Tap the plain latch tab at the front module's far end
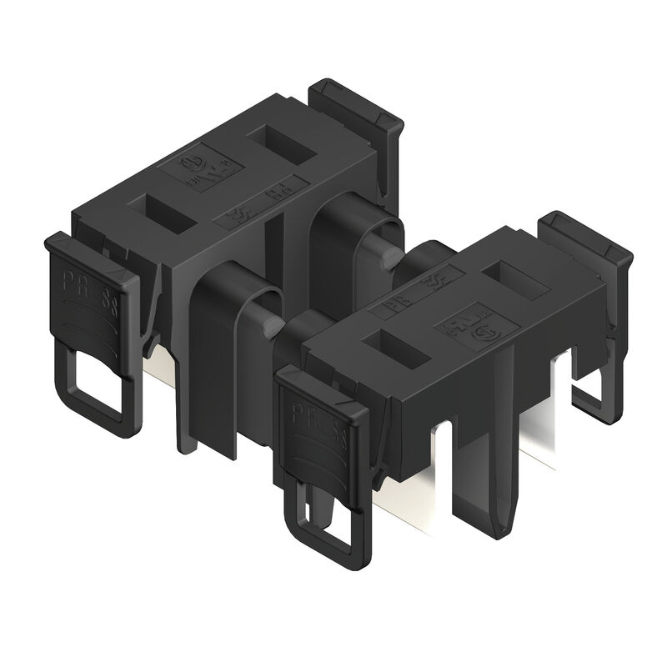(584, 242)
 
